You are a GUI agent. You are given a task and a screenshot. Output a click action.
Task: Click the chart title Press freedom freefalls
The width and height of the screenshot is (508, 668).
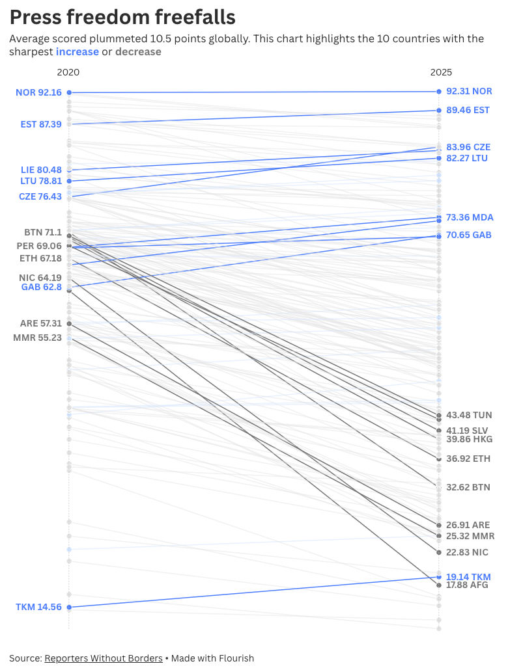(x=122, y=16)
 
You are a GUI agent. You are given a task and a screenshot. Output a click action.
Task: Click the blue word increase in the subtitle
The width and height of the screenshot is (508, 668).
(x=78, y=52)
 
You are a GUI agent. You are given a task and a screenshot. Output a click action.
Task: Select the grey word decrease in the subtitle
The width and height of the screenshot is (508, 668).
(x=138, y=52)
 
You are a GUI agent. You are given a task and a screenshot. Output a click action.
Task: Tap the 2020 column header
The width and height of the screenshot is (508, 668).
(x=68, y=72)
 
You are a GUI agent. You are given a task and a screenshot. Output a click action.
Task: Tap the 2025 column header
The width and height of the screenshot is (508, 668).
(x=441, y=72)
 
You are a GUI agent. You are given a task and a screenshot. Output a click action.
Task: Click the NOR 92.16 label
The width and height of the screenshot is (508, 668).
(x=38, y=92)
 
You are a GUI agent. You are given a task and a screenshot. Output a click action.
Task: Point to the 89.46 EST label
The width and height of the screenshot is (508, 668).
(x=468, y=111)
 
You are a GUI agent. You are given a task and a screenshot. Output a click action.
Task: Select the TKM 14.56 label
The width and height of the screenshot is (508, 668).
(x=38, y=607)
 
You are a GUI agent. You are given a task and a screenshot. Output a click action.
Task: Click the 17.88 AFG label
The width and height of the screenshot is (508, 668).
(x=467, y=585)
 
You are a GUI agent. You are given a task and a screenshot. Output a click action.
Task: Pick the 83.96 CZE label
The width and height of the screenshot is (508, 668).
(x=468, y=147)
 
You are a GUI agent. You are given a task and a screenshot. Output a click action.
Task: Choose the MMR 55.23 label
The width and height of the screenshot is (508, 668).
(x=37, y=338)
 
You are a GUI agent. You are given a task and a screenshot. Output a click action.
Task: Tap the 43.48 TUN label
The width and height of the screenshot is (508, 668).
(x=469, y=415)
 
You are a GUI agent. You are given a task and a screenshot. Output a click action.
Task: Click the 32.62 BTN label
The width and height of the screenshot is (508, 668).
(x=468, y=487)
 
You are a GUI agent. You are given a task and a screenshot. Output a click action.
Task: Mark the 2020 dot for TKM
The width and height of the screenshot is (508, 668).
(x=69, y=607)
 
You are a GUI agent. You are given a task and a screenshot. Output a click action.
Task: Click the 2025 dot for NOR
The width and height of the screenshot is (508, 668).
(x=439, y=92)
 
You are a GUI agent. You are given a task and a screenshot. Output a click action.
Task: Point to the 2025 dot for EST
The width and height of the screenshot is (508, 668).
(x=439, y=111)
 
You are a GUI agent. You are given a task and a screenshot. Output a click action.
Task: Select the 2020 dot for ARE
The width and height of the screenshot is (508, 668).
(x=69, y=323)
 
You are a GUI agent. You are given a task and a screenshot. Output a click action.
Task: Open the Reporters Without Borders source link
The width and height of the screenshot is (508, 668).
(x=104, y=658)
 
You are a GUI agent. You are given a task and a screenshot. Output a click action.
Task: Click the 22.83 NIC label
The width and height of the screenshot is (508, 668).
(x=467, y=552)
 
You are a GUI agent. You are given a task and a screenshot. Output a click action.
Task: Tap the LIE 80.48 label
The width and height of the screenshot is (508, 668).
(x=41, y=170)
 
